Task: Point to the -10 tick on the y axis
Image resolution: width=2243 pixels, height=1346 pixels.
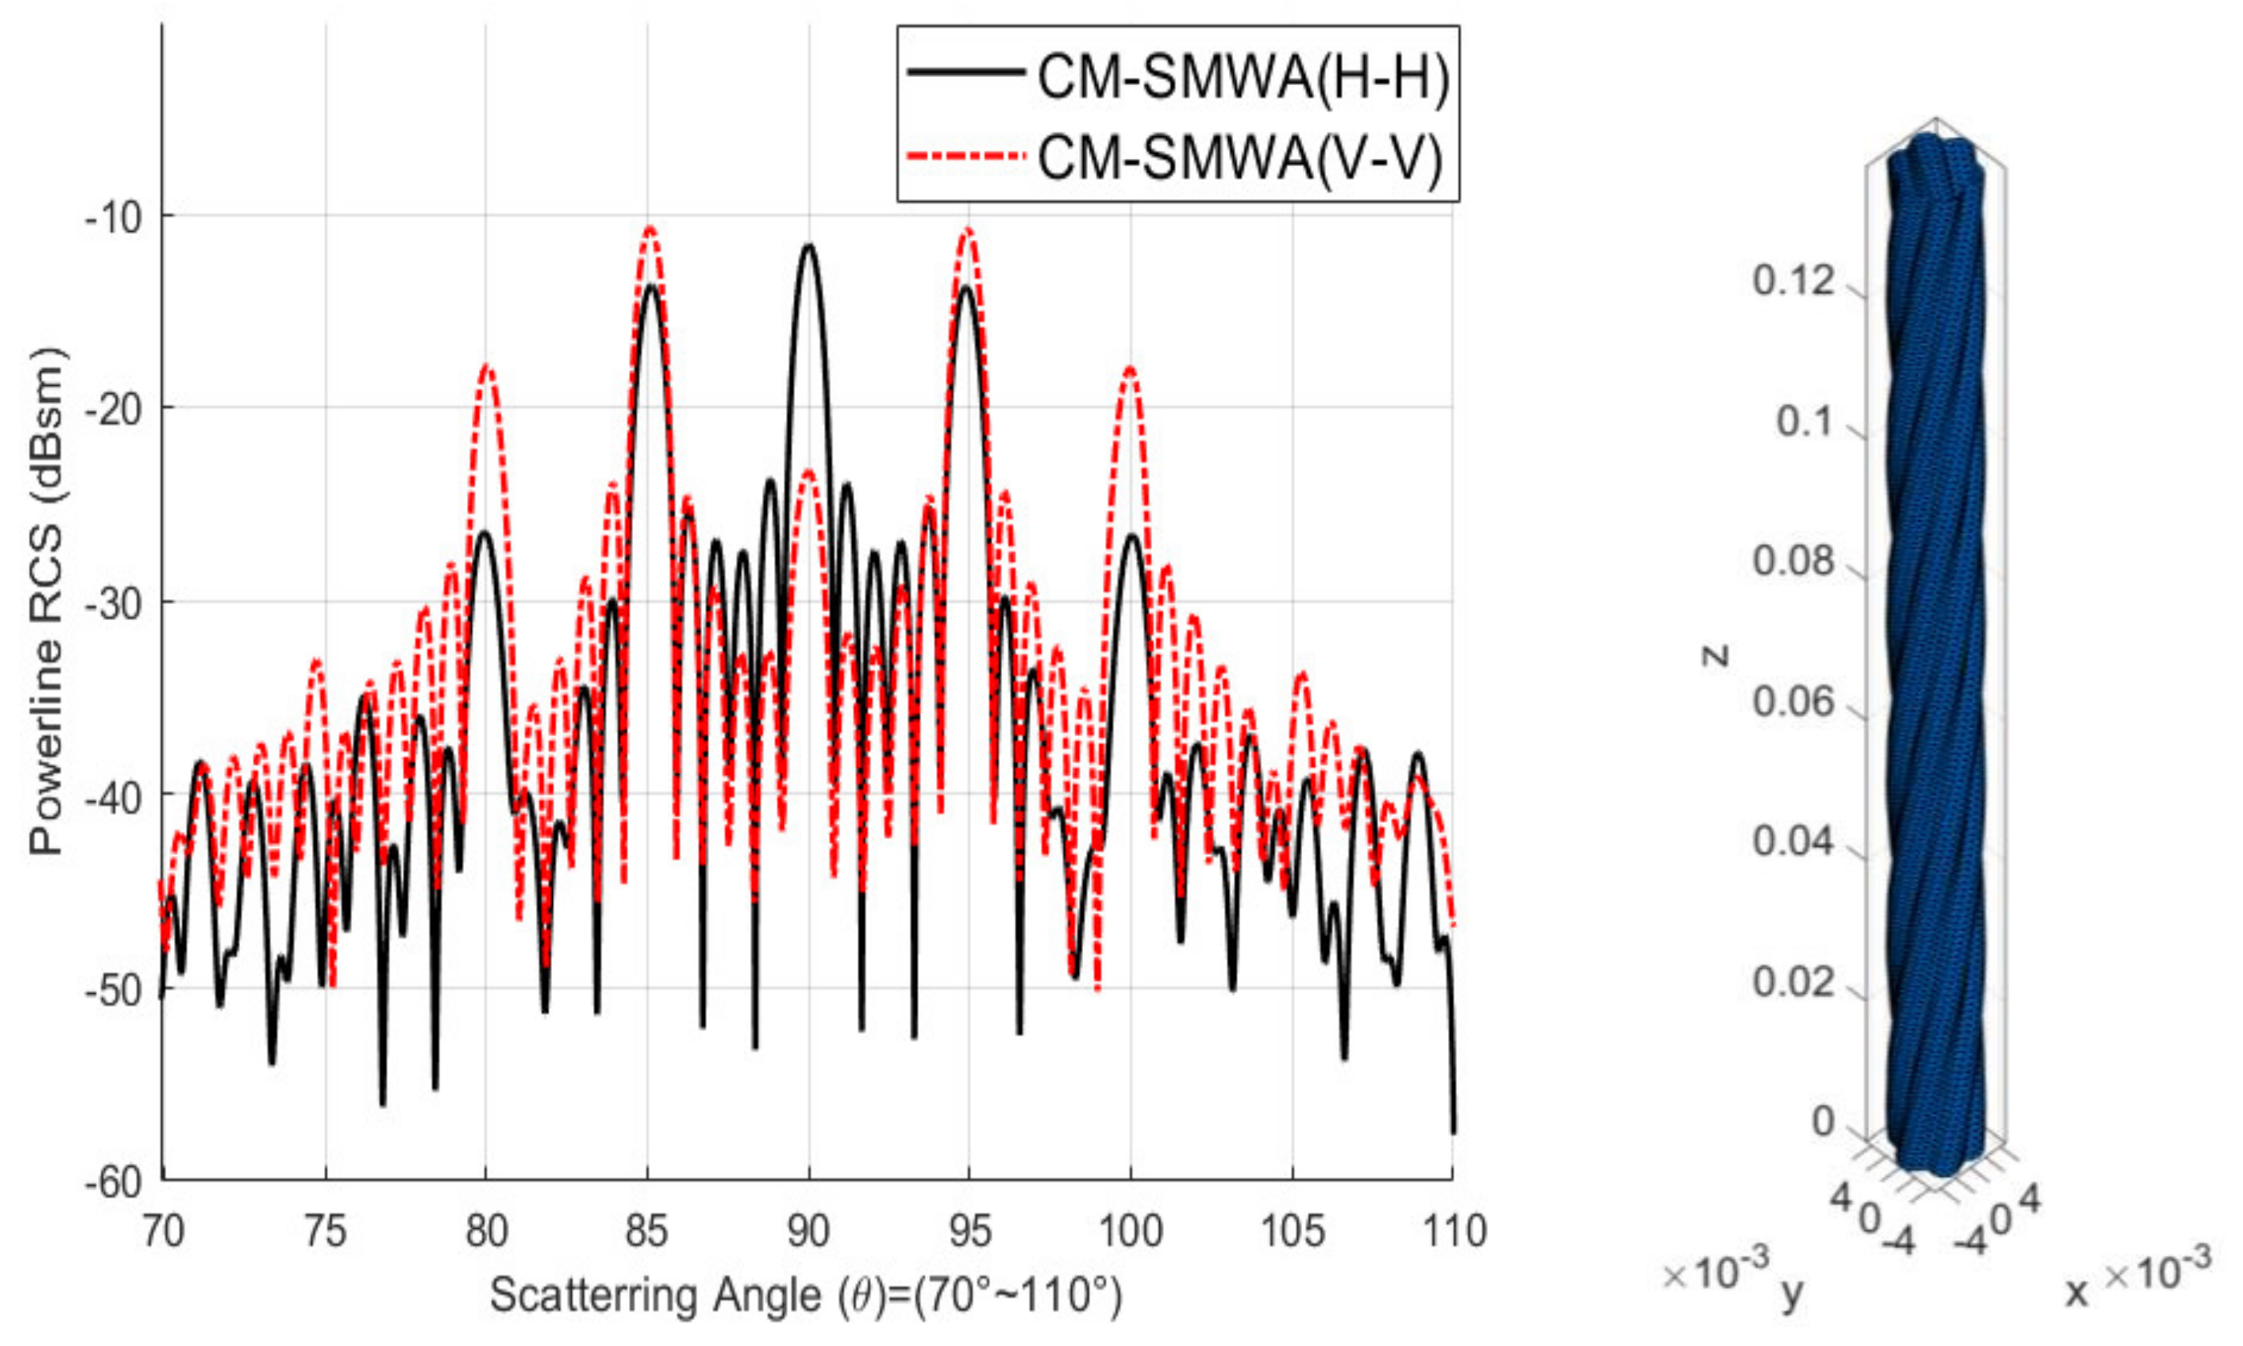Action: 117,217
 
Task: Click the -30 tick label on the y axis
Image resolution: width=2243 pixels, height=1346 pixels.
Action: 117,603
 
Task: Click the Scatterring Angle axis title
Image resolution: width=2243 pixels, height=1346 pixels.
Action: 805,1295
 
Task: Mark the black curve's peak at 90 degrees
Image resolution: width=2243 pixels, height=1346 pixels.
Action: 808,245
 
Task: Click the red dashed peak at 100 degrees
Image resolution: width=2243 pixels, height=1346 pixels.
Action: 1130,368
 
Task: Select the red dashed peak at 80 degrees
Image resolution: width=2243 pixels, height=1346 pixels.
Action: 487,366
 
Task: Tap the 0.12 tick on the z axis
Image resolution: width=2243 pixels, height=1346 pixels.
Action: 1793,282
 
